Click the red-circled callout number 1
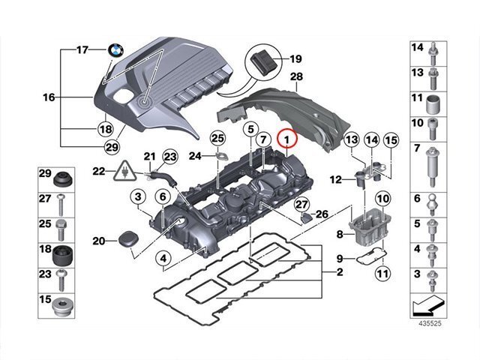[286, 139]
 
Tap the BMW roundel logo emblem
[115, 50]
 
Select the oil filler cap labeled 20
[128, 240]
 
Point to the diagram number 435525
[430, 323]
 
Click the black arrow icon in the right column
[428, 305]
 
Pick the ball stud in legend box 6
[433, 204]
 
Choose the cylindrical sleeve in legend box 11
[433, 104]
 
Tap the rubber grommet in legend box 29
[63, 180]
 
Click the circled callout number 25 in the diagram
[217, 138]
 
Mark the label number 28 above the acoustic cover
[296, 76]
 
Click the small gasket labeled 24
[222, 156]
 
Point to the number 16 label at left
[49, 97]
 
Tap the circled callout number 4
[163, 259]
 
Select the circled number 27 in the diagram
[301, 205]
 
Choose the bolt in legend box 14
[433, 54]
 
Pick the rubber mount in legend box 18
[63, 256]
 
